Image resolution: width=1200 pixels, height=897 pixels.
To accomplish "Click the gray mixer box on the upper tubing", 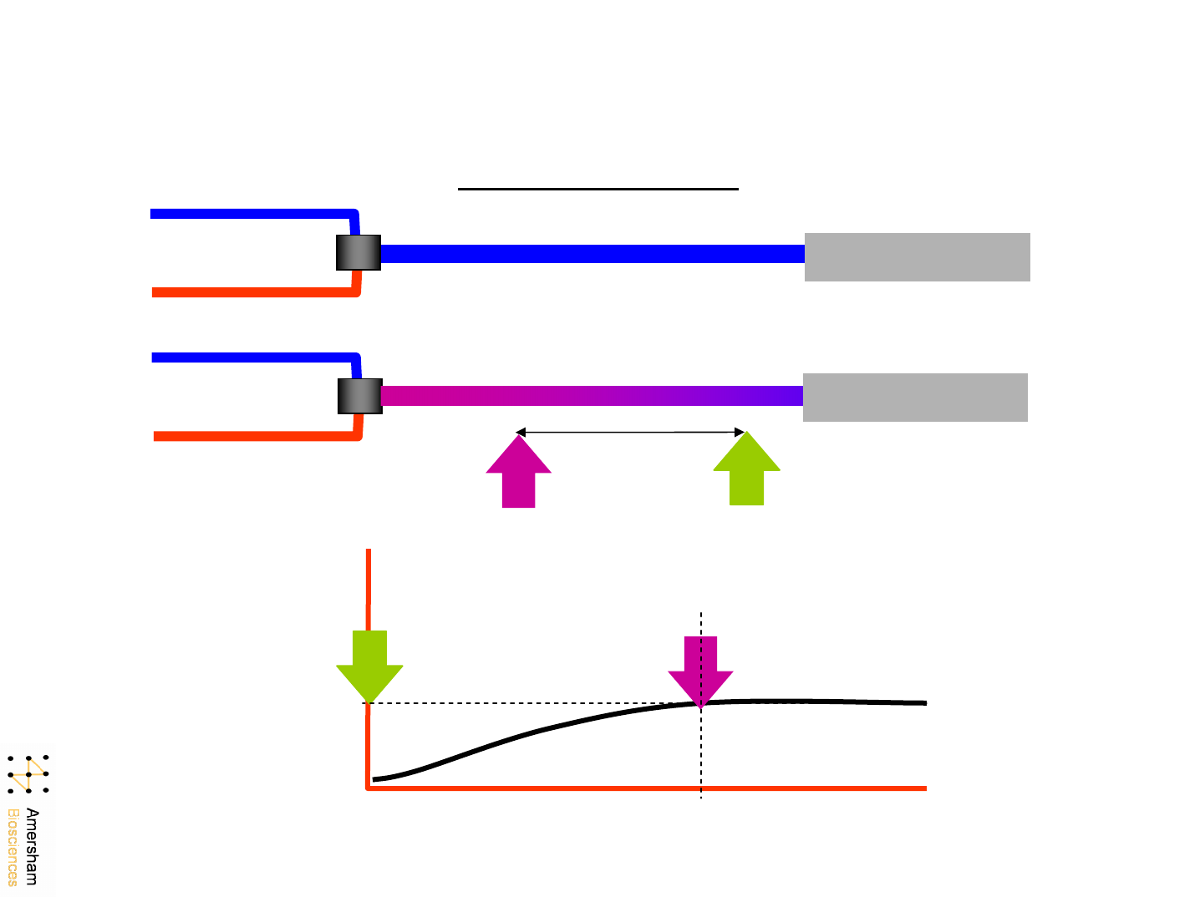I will click(358, 252).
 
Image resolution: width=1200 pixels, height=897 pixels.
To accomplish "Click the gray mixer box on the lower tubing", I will click(360, 396).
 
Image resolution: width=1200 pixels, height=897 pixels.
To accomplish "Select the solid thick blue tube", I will click(592, 254).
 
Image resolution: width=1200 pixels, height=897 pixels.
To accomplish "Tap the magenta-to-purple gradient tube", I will click(592, 396).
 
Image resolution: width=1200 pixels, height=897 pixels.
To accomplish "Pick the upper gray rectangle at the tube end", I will click(917, 257).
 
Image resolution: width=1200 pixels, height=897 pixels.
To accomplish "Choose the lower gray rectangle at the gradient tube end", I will click(915, 398).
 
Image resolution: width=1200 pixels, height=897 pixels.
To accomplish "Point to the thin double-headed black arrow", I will click(631, 433).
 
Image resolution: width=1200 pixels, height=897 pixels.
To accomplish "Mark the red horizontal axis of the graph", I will click(648, 788).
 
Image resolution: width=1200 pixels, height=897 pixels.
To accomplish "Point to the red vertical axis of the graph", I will click(368, 601).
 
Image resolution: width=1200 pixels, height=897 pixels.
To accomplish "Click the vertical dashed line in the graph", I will click(700, 752).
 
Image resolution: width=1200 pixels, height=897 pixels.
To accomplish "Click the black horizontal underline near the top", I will click(597, 190).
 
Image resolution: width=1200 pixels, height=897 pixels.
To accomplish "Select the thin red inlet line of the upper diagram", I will click(251, 292).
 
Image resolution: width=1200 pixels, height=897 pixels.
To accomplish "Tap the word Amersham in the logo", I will click(33, 846).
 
